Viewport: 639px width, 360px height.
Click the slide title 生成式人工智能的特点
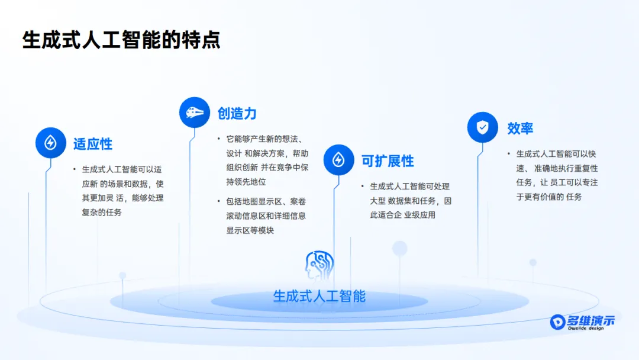[121, 40]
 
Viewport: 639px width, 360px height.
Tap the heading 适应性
[92, 144]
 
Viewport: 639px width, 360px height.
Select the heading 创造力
[237, 113]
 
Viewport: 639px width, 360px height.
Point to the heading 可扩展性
[388, 161]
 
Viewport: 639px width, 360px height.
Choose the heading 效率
[520, 128]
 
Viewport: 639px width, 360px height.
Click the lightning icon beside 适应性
[50, 143]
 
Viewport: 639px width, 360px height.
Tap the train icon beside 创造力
[195, 112]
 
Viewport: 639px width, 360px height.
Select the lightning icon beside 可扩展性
[338, 160]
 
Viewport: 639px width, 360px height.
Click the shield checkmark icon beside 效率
[483, 127]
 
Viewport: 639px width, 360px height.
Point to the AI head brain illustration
[319, 265]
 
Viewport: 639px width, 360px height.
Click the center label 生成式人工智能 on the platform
[319, 297]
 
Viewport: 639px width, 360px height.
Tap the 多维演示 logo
[582, 322]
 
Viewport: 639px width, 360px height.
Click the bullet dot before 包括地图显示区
[219, 201]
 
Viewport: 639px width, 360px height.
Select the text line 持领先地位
[246, 182]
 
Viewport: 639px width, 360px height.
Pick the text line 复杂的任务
[102, 213]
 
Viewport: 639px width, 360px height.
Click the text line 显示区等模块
[250, 230]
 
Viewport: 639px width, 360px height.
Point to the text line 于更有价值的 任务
[549, 197]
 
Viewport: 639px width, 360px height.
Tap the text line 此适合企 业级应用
[403, 215]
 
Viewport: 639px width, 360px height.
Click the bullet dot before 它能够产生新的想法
[219, 139]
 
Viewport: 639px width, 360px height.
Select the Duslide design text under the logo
[586, 328]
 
